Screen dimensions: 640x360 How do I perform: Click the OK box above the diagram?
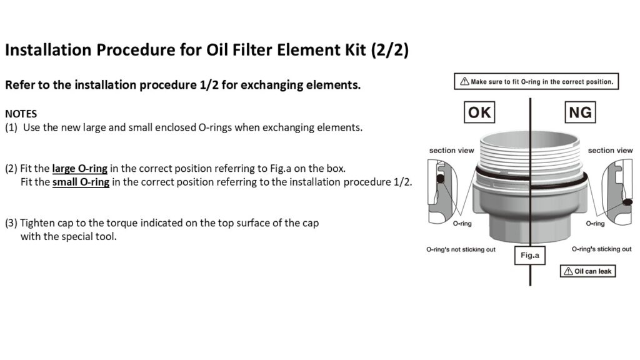point(479,112)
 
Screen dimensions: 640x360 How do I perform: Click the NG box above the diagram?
point(580,112)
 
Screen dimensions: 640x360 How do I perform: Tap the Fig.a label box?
point(530,256)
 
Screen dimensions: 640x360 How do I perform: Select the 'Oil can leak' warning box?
point(587,271)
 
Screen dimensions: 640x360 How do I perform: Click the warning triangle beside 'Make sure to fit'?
point(464,82)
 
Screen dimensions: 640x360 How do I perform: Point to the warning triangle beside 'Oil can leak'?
point(568,271)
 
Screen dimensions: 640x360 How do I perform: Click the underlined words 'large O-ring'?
point(79,169)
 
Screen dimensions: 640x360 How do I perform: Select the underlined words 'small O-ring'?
point(81,182)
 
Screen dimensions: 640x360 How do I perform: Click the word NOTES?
point(21,114)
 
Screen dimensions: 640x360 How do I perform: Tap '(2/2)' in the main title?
point(390,50)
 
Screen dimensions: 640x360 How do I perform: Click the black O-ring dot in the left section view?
point(441,179)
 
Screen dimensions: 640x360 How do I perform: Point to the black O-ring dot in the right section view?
point(627,202)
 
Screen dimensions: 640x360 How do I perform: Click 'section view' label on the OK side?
point(451,151)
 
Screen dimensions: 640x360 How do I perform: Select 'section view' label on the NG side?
point(610,151)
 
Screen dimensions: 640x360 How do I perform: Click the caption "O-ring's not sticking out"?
point(461,249)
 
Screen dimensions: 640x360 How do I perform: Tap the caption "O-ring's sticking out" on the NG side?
point(601,249)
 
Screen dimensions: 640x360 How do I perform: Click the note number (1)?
point(11,127)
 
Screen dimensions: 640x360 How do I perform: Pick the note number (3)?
point(11,223)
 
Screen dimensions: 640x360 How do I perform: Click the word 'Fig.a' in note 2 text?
point(281,169)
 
